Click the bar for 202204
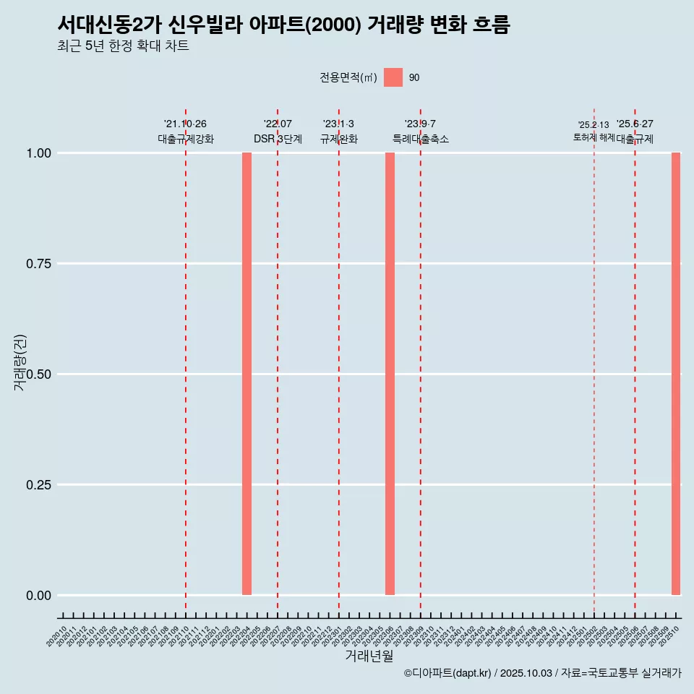[247, 374]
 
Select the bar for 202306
[390, 374]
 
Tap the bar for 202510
[676, 374]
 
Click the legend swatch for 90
[393, 77]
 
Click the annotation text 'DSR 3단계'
[278, 139]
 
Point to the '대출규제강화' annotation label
[186, 139]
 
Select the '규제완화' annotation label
[339, 139]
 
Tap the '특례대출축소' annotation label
[421, 139]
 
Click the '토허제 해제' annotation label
[594, 137]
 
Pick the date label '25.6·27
[635, 124]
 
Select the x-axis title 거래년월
[369, 656]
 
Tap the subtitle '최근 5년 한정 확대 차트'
[123, 46]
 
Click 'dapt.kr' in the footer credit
[470, 673]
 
